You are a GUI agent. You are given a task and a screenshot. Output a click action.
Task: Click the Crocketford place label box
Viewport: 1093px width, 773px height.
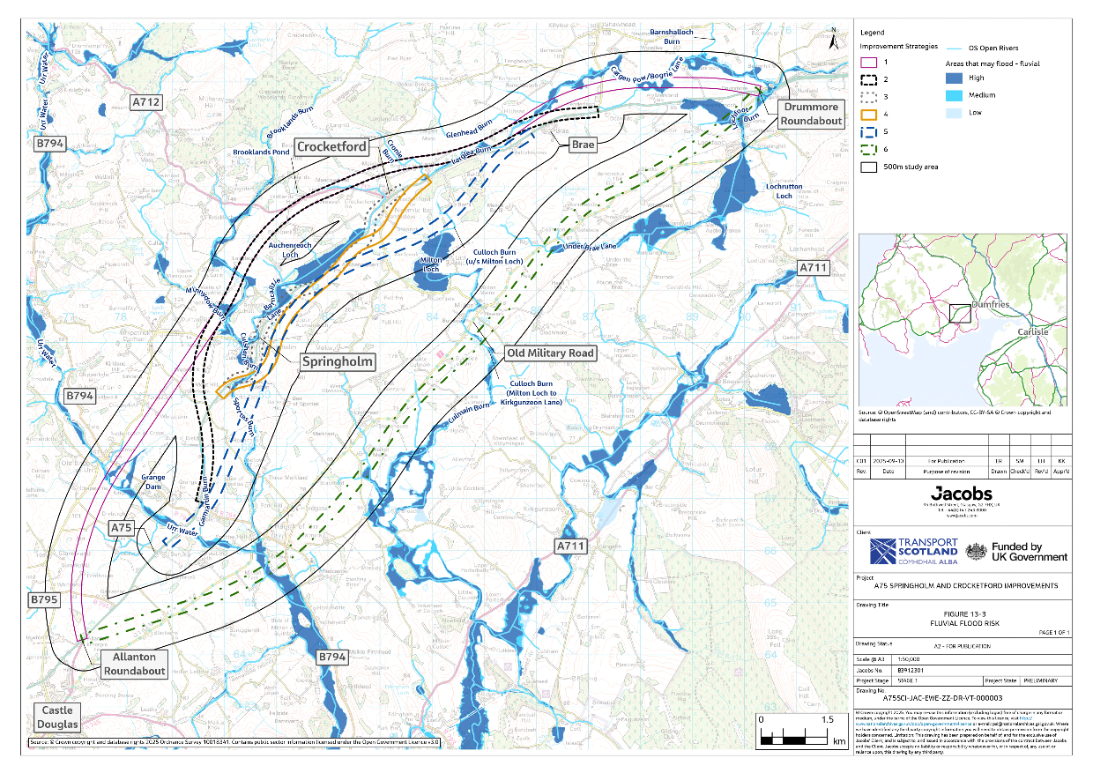(331, 146)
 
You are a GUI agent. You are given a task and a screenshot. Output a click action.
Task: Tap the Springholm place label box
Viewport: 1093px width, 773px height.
(338, 361)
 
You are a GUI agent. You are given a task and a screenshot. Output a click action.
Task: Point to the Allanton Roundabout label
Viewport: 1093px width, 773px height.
(135, 664)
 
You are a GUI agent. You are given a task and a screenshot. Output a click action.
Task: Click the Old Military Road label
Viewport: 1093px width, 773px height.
(550, 353)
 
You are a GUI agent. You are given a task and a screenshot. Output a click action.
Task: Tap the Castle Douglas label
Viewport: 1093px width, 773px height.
(56, 717)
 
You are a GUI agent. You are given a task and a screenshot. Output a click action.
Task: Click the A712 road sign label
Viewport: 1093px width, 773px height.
(146, 103)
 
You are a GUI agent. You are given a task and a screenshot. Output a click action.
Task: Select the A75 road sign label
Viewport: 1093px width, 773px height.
(122, 527)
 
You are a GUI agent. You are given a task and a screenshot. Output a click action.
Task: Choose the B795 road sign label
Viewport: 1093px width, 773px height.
(44, 599)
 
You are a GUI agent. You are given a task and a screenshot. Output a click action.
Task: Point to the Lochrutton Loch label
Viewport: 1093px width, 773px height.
(784, 191)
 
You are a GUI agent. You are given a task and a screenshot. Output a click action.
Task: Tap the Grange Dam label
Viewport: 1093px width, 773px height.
(152, 482)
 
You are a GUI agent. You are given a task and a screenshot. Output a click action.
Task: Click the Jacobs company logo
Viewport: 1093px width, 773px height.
(961, 493)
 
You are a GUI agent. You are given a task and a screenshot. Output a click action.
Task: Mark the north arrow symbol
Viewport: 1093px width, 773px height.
(834, 35)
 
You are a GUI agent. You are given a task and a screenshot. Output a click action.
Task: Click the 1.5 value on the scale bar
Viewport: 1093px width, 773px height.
(827, 719)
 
